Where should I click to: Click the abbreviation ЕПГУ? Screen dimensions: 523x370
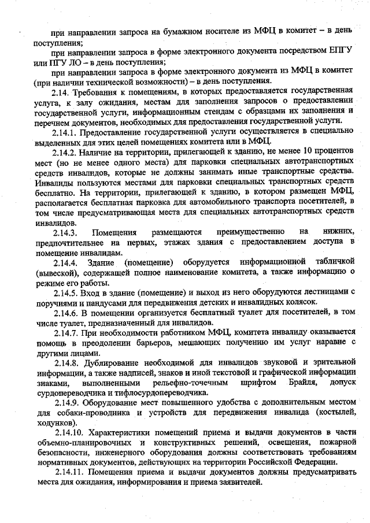pyautogui.click(x=340, y=51)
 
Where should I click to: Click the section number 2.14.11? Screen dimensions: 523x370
pyautogui.click(x=71, y=473)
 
